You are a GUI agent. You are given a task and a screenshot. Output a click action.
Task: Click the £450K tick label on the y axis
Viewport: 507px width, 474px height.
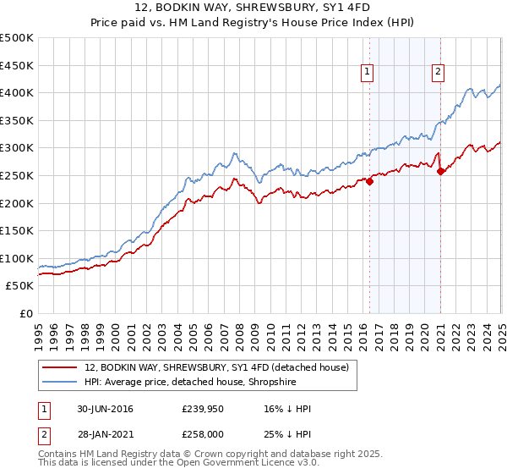17,65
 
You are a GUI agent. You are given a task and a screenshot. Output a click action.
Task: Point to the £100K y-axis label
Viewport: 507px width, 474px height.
17,258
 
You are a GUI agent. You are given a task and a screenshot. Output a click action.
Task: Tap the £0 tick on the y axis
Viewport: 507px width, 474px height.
25,314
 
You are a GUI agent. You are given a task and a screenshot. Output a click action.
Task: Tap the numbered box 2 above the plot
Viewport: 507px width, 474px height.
439,73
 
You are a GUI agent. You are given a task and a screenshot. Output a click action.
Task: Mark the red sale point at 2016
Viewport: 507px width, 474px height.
369,180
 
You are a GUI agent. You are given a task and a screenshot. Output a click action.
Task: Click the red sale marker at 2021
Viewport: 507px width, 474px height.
440,171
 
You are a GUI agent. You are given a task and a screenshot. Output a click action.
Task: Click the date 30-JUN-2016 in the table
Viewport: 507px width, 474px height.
105,409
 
